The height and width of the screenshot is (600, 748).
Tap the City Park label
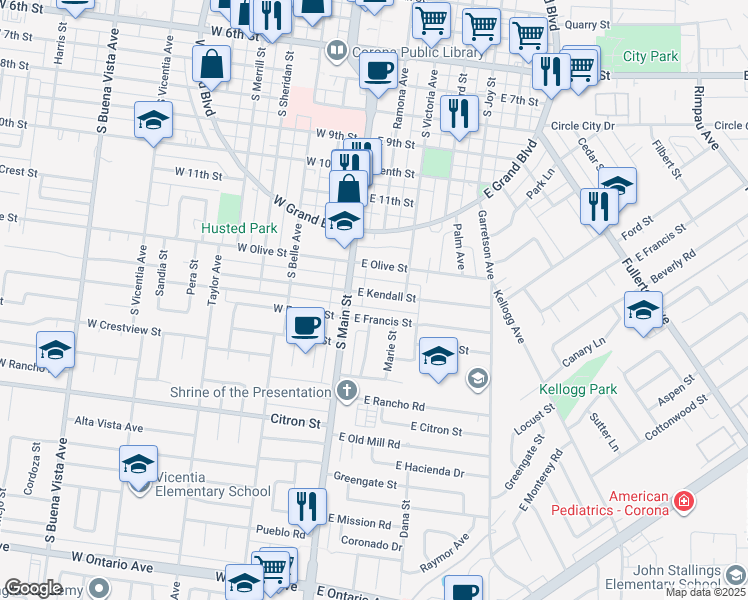pos(650,56)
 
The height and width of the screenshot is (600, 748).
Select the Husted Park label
pos(211,228)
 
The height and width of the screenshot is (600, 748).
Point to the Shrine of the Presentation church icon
pos(347,390)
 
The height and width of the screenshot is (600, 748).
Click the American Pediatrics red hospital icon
pos(684,500)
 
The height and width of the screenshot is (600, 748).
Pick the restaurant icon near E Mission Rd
pos(306,505)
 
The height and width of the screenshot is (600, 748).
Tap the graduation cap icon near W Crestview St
pos(55,350)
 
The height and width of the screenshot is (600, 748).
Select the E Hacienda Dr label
pos(430,468)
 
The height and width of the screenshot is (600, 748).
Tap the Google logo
pos(33,589)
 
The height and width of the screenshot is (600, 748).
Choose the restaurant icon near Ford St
pos(600,206)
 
